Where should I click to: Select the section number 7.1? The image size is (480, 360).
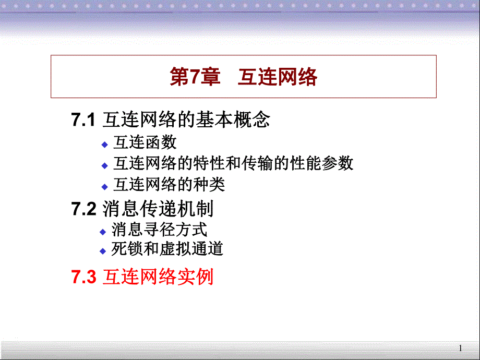pos(83,121)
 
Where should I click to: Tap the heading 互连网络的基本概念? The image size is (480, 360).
pos(186,121)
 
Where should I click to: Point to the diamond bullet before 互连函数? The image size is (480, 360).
pos(104,143)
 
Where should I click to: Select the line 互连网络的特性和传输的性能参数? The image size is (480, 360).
pos(233,163)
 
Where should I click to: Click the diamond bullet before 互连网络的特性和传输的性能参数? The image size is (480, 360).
pos(104,165)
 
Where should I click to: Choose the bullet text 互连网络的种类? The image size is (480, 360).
pos(169,185)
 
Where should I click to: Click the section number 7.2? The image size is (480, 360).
pos(83,209)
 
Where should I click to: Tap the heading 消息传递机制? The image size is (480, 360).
pos(158,209)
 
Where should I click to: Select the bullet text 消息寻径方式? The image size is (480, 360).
pos(159,229)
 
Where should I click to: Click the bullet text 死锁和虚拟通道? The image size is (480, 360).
pos(167,249)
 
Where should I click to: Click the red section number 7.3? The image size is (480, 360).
pos(83,277)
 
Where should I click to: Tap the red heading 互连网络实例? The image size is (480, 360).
pos(158,277)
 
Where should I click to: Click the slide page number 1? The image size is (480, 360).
pos(460,348)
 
